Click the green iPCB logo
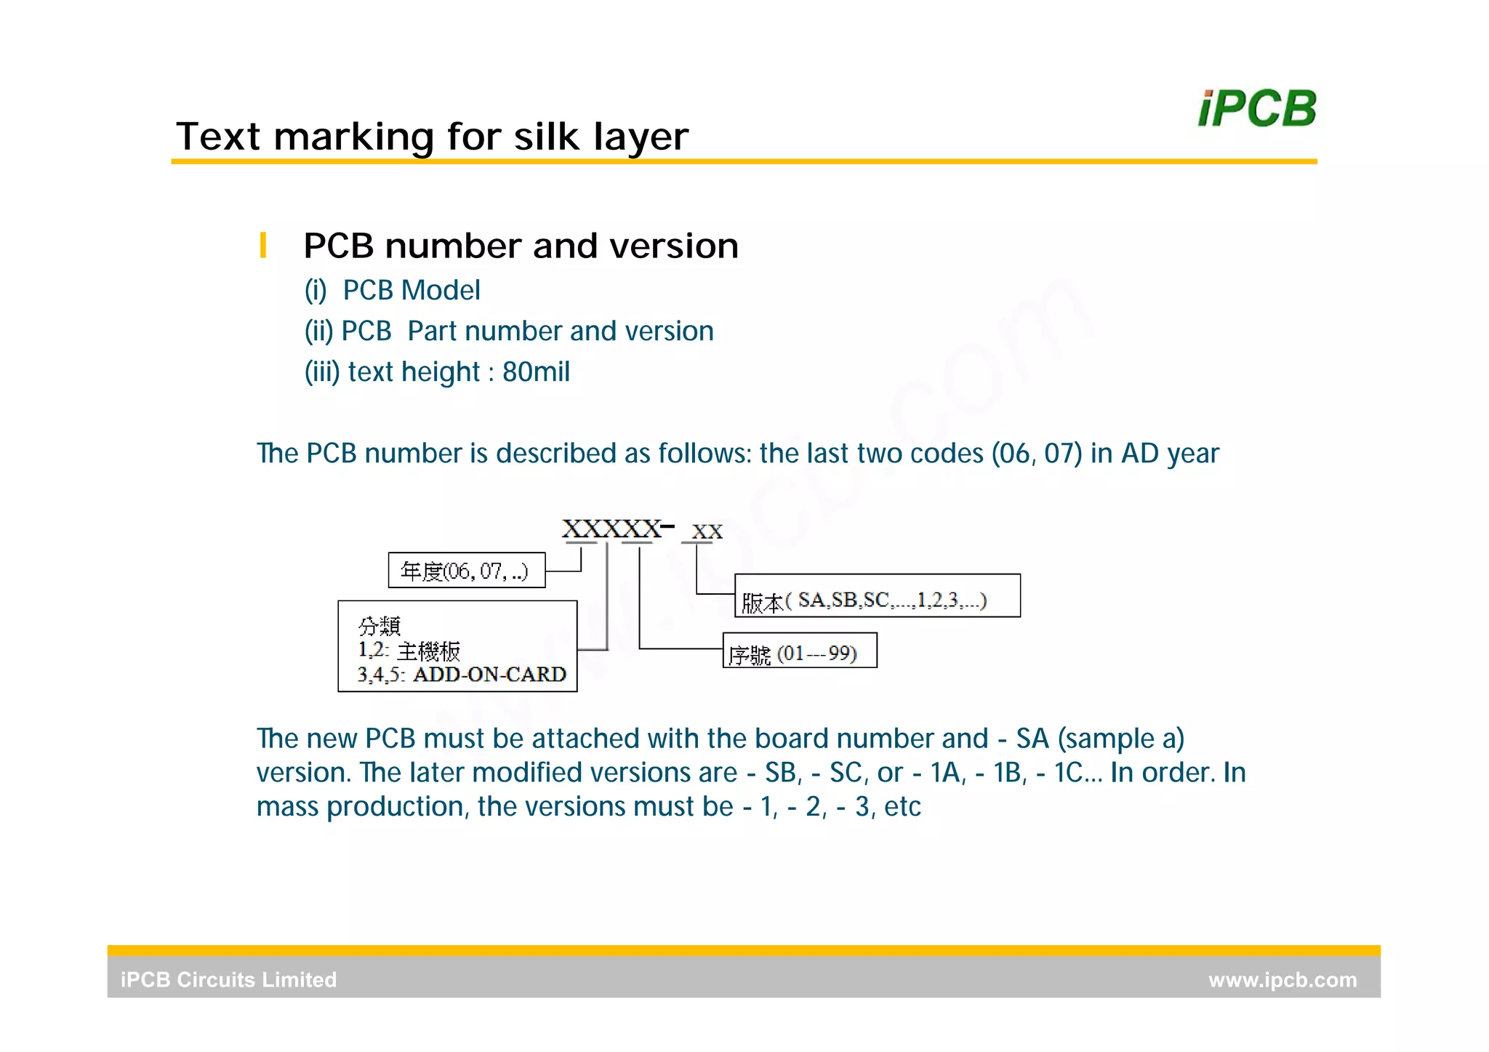point(1256,109)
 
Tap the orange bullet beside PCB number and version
point(262,245)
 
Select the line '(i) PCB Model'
point(392,290)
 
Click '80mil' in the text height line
point(536,372)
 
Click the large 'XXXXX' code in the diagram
point(611,529)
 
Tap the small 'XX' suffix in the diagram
point(707,532)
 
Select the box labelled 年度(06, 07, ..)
point(466,571)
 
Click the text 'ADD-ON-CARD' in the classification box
point(489,675)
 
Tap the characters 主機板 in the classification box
point(429,651)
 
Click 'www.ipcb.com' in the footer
point(1282,980)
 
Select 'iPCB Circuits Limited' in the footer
point(228,980)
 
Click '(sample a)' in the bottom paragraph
point(1120,739)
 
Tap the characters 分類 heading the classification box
point(379,626)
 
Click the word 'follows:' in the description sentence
point(705,454)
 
